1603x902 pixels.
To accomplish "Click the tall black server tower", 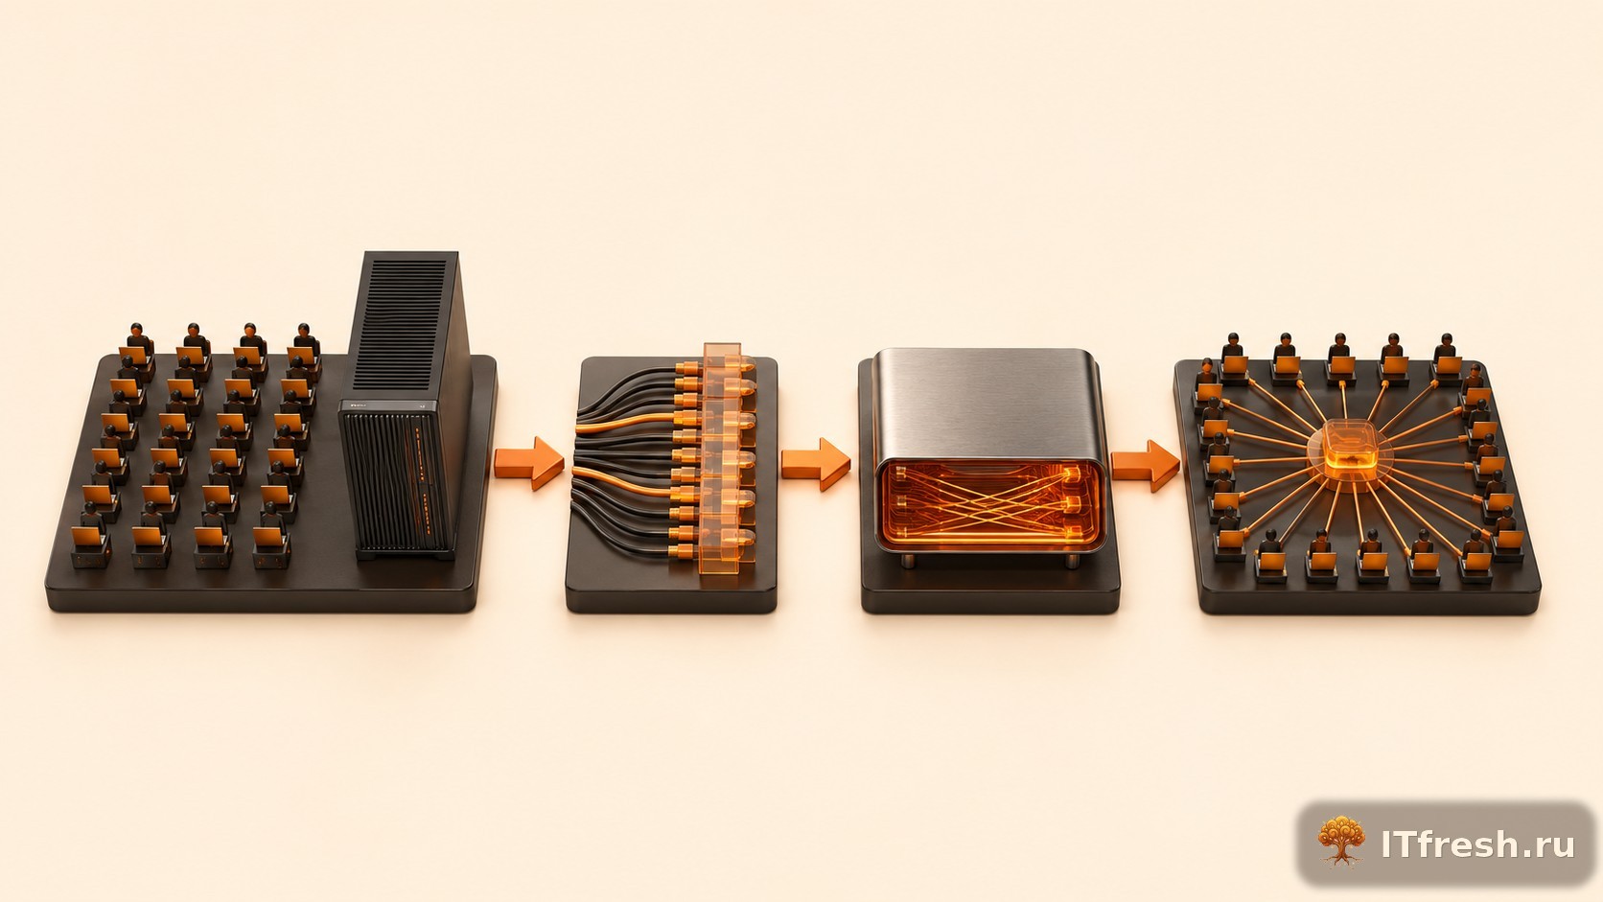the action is [x=405, y=405].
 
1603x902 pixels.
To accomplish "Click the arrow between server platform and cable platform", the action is [x=529, y=464].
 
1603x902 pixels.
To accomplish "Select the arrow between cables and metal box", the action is [x=816, y=464].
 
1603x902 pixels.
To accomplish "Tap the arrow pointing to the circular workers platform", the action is [x=1145, y=466].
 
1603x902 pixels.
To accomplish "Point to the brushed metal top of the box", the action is [x=987, y=404].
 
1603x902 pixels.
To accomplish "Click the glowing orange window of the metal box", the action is [x=989, y=503].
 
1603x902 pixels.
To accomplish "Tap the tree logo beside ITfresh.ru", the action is [x=1340, y=842].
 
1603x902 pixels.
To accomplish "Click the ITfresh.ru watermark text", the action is [x=1477, y=844].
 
